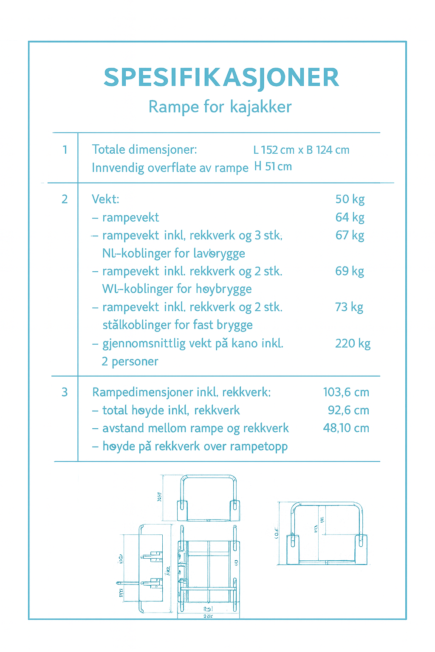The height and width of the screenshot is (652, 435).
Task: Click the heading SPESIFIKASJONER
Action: (x=221, y=78)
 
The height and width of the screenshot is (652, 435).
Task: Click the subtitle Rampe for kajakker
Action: (x=220, y=107)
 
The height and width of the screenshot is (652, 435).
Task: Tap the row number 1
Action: (x=65, y=149)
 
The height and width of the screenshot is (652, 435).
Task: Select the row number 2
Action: (x=65, y=199)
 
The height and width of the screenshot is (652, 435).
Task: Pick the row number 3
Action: (x=65, y=392)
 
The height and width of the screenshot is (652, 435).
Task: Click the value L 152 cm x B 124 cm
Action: (x=301, y=150)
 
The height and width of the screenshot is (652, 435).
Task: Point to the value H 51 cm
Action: (x=273, y=166)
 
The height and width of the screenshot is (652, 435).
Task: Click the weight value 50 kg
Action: (x=350, y=199)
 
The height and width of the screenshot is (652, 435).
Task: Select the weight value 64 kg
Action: (x=350, y=217)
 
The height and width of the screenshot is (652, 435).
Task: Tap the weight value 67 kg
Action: (x=350, y=235)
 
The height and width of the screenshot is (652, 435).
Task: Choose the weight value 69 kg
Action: (x=350, y=271)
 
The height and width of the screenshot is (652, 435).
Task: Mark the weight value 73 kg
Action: (x=349, y=307)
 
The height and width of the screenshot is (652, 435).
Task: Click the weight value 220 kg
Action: (x=353, y=343)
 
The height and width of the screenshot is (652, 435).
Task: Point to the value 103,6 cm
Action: (x=346, y=392)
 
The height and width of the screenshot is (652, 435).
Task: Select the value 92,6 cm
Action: (x=348, y=410)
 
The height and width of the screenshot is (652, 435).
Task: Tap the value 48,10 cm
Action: (x=346, y=428)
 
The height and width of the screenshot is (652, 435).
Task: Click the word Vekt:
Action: (x=106, y=199)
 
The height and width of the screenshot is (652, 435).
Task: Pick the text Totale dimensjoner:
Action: (x=144, y=149)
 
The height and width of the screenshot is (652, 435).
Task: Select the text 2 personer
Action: (x=130, y=361)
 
